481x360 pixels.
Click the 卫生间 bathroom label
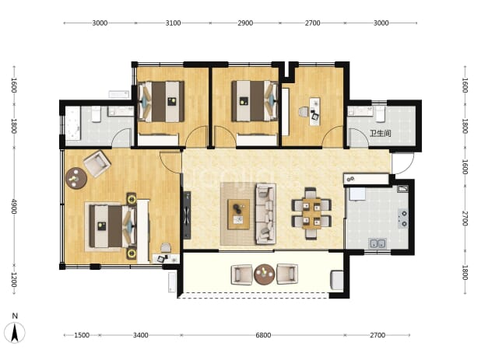click(381, 133)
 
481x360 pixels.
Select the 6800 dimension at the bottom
click(263, 335)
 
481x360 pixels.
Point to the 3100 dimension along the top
click(173, 23)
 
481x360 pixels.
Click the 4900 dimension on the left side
click(14, 206)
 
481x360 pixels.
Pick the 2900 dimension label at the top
click(245, 23)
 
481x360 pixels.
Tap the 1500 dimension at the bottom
click(82, 335)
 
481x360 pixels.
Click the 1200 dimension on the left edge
click(14, 279)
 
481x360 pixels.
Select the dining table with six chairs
click(311, 213)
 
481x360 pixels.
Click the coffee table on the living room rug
click(238, 214)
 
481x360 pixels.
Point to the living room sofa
click(265, 214)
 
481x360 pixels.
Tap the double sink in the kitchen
click(377, 243)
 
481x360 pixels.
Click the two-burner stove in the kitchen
click(403, 218)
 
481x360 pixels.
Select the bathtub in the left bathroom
click(73, 124)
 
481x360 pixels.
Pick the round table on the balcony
click(264, 274)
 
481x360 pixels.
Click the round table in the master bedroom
click(76, 177)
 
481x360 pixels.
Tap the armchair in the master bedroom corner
click(97, 163)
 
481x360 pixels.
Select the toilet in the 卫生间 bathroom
click(381, 114)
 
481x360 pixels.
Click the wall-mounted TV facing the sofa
click(187, 215)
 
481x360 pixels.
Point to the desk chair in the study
click(304, 112)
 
